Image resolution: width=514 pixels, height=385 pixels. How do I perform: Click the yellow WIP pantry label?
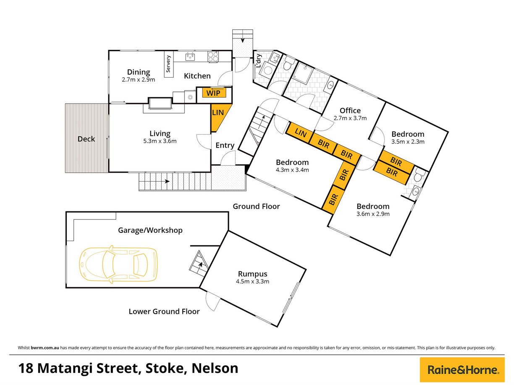pos(214,93)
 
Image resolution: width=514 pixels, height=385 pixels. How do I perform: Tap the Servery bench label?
pos(168,64)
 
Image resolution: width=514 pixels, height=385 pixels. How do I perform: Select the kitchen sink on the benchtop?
pos(191,56)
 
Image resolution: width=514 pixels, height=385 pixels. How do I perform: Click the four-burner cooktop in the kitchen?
pos(213,57)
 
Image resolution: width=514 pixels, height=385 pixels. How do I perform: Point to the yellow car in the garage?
pos(118,265)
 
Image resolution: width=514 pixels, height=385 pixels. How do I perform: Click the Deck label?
pos(86,139)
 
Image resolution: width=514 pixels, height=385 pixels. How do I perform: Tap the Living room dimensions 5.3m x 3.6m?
pos(160,141)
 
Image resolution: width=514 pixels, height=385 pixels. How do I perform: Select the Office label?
pos(350,111)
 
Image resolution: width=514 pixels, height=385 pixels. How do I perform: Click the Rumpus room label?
pos(252,274)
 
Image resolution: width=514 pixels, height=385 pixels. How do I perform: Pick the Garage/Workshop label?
pos(150,230)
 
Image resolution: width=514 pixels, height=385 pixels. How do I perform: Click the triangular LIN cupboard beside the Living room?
pos(219,117)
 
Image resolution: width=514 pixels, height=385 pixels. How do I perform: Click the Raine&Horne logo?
pos(462,370)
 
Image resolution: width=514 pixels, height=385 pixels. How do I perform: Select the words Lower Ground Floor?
pos(164,311)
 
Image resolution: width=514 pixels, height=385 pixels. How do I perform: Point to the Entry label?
pos(225,146)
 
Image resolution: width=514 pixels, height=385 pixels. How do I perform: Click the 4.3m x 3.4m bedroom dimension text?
pos(292,170)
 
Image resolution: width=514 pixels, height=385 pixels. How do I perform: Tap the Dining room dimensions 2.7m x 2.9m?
pos(139,80)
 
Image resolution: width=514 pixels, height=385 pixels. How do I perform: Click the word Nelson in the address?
pos(215,368)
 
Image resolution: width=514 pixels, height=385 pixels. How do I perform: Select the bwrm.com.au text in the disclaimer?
pos(45,348)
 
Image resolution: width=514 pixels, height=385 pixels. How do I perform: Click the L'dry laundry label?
pos(259,61)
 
